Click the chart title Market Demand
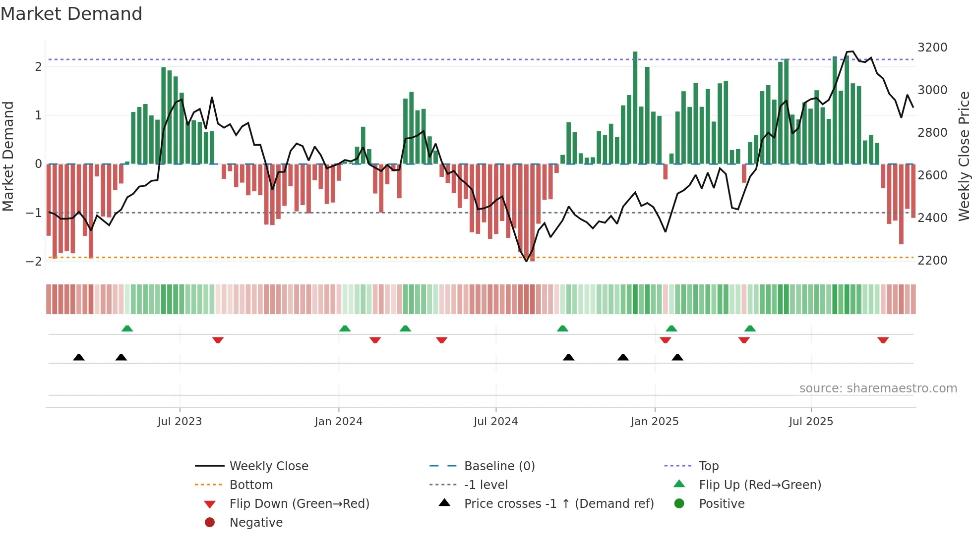point(71,14)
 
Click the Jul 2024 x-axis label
point(495,422)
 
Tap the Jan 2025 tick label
point(655,422)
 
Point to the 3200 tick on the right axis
point(932,48)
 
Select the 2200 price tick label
point(932,261)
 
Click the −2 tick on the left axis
point(34,262)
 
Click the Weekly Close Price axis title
point(964,156)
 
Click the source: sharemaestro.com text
point(878,388)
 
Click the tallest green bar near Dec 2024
point(635,107)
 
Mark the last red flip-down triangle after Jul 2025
point(883,340)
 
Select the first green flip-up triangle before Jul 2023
point(127,328)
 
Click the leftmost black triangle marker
point(79,357)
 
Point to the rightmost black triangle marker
point(677,357)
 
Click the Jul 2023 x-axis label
point(180,422)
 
